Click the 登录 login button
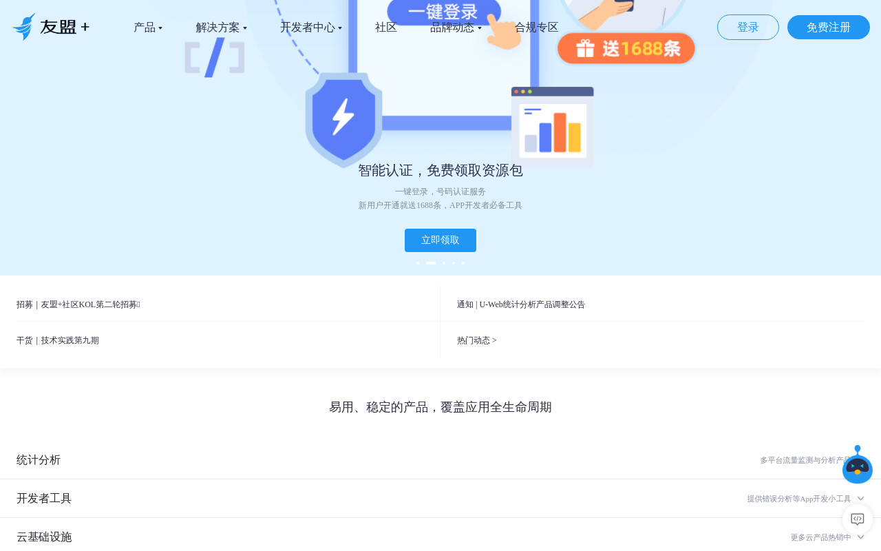tap(747, 27)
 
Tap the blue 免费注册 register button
tap(828, 27)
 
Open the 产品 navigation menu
tap(148, 28)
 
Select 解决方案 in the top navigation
tap(222, 28)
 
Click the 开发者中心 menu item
tap(310, 28)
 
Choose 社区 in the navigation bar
tap(386, 28)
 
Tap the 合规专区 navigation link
tap(536, 28)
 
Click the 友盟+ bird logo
tap(24, 27)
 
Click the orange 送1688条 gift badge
tap(626, 48)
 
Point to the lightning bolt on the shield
tap(343, 116)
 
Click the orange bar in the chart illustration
tap(560, 132)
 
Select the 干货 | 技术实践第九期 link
tap(57, 340)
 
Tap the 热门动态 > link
tap(477, 340)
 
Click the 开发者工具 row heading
tap(43, 498)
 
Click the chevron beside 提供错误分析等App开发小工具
tap(860, 498)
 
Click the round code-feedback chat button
tap(858, 519)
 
